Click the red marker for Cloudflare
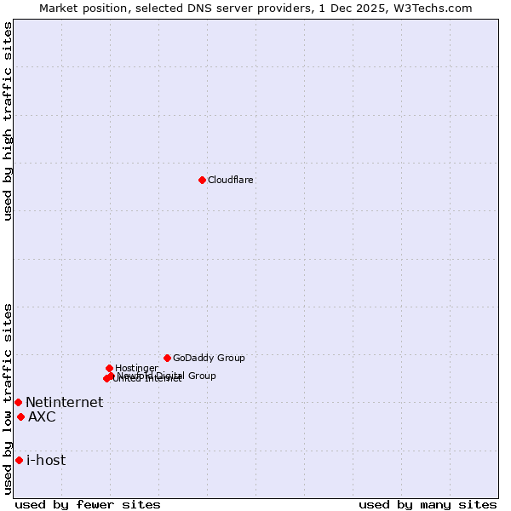tap(202, 180)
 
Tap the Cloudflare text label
tap(231, 180)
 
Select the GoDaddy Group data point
tap(167, 358)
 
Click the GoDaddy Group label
tap(209, 358)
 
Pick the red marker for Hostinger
tap(109, 368)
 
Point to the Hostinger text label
tap(136, 368)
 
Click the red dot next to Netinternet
tap(18, 402)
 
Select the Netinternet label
tap(64, 403)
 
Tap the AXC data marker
tap(20, 416)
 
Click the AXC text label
tap(42, 416)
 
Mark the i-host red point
tap(19, 460)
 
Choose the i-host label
tap(46, 461)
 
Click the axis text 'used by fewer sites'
tap(88, 504)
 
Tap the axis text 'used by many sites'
tap(428, 504)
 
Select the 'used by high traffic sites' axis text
tap(9, 121)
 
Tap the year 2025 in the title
tap(375, 8)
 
